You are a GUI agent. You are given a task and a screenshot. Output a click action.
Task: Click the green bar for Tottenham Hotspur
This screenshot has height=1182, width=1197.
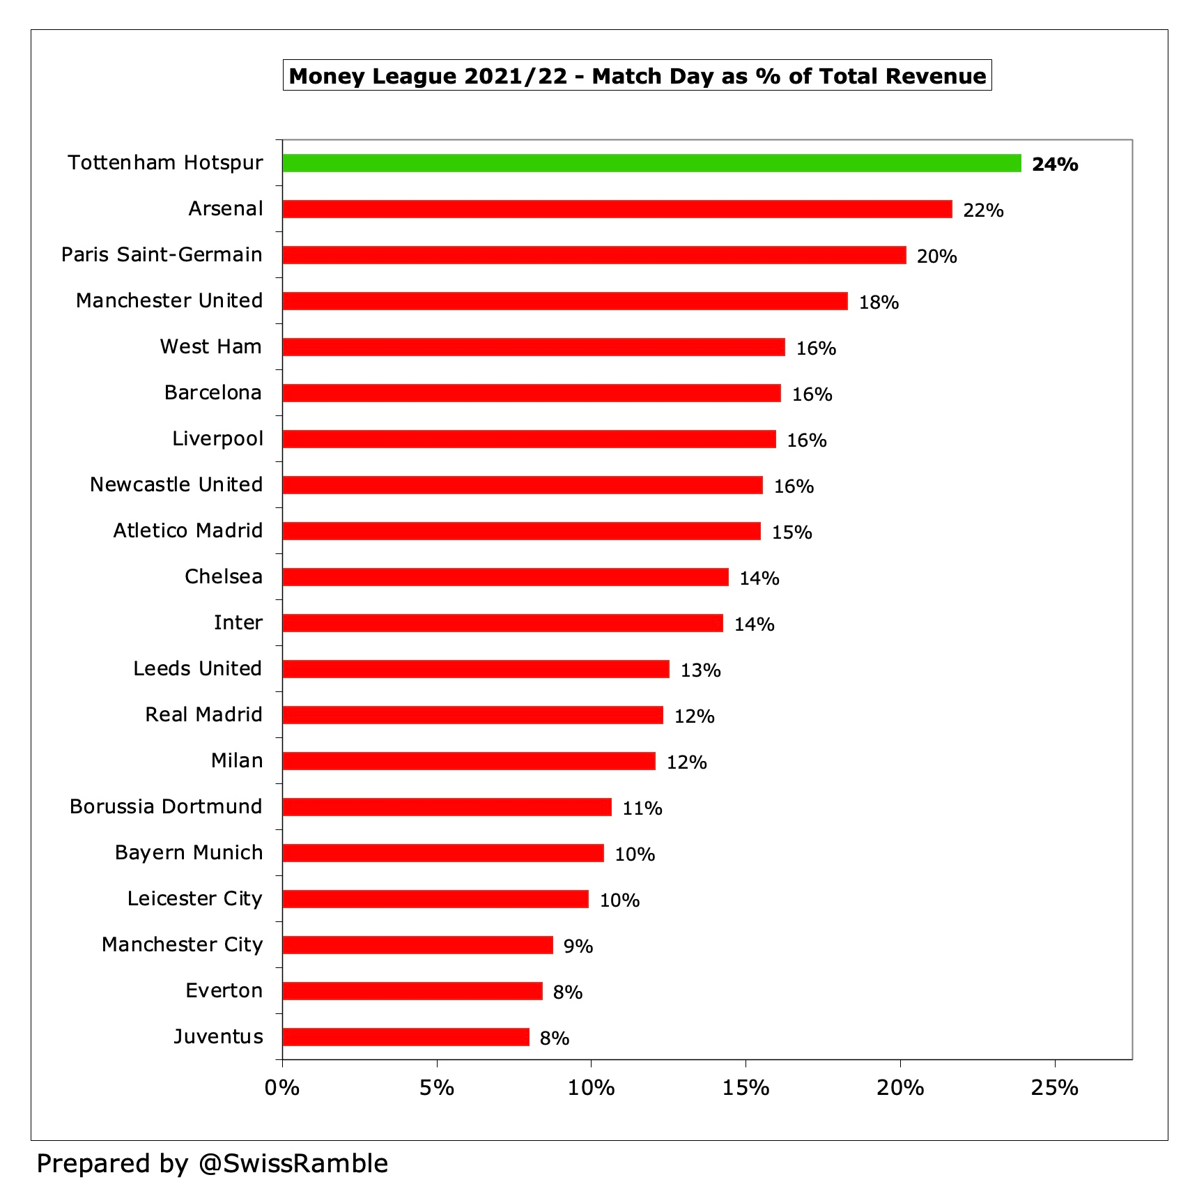pyautogui.click(x=651, y=163)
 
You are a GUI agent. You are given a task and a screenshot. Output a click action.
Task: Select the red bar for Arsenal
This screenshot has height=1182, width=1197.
pyautogui.click(x=617, y=209)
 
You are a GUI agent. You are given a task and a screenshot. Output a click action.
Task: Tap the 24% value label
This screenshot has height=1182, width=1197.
pyautogui.click(x=1054, y=164)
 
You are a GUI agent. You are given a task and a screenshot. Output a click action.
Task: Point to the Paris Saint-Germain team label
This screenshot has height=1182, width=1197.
pyautogui.click(x=162, y=254)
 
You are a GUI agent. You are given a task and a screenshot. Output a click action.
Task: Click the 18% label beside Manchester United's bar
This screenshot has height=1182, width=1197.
pyautogui.click(x=878, y=302)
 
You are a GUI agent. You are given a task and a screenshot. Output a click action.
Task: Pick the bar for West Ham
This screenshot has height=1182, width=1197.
pyautogui.click(x=534, y=347)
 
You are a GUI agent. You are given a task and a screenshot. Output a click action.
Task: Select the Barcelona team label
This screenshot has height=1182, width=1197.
pyautogui.click(x=213, y=392)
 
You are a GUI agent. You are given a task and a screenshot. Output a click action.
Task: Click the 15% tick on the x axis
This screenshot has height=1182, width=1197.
pyautogui.click(x=746, y=1088)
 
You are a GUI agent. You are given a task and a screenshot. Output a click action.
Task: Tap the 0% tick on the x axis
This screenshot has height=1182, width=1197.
pyautogui.click(x=281, y=1088)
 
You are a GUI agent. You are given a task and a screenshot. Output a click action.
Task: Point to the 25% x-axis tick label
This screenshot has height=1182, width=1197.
pyautogui.click(x=1054, y=1088)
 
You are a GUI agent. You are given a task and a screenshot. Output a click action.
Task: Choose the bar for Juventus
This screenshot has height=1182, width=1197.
pyautogui.click(x=406, y=1037)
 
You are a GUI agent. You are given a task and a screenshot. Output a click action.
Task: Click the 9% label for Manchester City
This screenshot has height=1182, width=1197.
pyautogui.click(x=578, y=946)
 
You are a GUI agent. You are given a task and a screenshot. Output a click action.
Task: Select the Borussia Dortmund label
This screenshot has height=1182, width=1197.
pyautogui.click(x=166, y=806)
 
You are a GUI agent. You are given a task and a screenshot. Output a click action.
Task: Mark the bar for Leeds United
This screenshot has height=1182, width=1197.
pyautogui.click(x=476, y=669)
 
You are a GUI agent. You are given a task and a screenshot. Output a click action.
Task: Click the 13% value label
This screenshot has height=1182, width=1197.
pyautogui.click(x=700, y=670)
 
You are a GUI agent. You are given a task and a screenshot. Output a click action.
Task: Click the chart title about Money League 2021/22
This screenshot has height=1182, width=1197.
pyautogui.click(x=637, y=75)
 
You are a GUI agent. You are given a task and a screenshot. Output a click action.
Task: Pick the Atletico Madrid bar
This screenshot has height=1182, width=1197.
pyautogui.click(x=521, y=531)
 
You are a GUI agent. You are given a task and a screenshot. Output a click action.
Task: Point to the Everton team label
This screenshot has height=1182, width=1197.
pyautogui.click(x=224, y=990)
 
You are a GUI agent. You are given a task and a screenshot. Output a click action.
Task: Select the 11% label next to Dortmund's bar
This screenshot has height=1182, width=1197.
pyautogui.click(x=642, y=808)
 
